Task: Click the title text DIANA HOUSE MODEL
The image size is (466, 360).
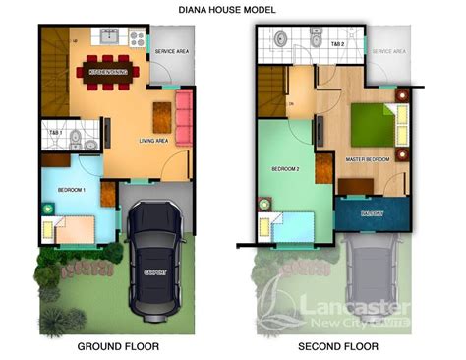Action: [x=232, y=9]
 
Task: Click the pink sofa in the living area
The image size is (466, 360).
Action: [x=182, y=114]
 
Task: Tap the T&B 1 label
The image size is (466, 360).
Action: [x=55, y=132]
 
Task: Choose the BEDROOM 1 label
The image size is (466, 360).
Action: [x=72, y=188]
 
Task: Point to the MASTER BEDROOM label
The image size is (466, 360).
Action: [x=366, y=157]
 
